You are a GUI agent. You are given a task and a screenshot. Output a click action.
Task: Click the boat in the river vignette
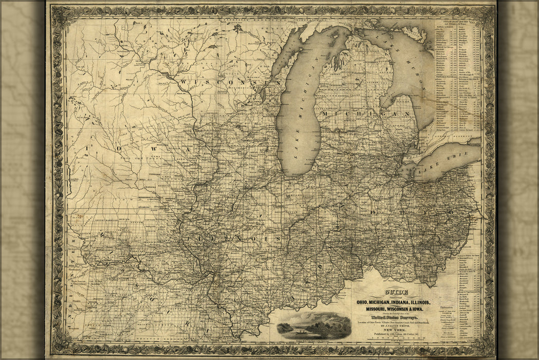pos(297,332)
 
